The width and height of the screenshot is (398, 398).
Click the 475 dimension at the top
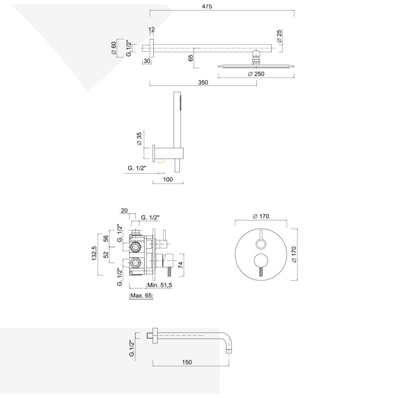[x=207, y=6]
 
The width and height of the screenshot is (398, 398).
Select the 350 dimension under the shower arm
[x=203, y=83]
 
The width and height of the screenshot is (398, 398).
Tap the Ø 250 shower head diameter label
[x=256, y=74]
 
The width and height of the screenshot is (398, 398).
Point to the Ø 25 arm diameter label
[x=279, y=36]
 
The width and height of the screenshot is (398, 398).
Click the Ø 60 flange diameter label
[x=113, y=48]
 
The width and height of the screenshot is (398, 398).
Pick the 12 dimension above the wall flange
[x=151, y=29]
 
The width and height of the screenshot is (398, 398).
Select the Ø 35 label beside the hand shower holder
[x=139, y=139]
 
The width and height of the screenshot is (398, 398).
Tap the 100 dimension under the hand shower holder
[x=168, y=180]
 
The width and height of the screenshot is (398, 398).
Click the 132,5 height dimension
[x=95, y=253]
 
